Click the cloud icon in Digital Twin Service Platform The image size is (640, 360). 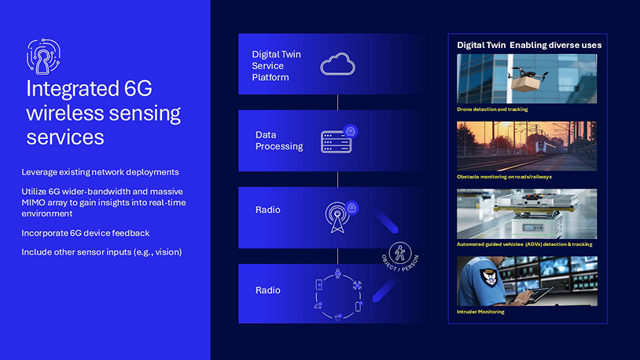pyautogui.click(x=337, y=64)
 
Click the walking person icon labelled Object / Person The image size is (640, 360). pyautogui.click(x=399, y=253)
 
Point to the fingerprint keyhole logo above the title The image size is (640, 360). pyautogui.click(x=43, y=57)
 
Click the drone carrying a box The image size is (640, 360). pyautogui.click(x=527, y=78)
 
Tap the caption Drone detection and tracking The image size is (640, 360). pyautogui.click(x=492, y=109)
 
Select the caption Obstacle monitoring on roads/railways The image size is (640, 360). pyautogui.click(x=504, y=177)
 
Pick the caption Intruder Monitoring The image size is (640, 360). pyautogui.click(x=480, y=312)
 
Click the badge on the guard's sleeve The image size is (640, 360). pyautogui.click(x=487, y=278)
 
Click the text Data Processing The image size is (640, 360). pyautogui.click(x=279, y=141)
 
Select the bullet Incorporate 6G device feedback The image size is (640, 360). pyautogui.click(x=85, y=233)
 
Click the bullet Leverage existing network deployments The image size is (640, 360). pyautogui.click(x=100, y=172)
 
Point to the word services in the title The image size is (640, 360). pyautogui.click(x=65, y=137)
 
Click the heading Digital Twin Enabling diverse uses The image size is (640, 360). pyautogui.click(x=529, y=46)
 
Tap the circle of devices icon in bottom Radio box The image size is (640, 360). pyautogui.click(x=338, y=294)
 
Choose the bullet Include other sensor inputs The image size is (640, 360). pyautogui.click(x=101, y=252)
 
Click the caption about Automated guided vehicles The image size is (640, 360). pyautogui.click(x=524, y=244)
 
